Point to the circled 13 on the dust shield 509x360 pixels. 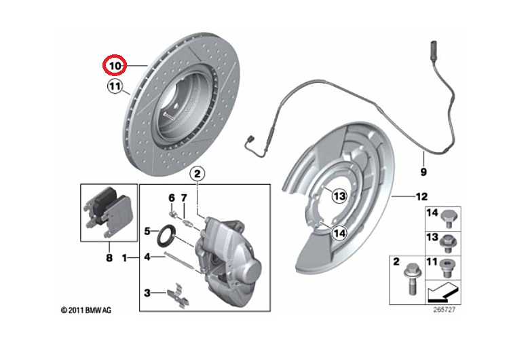tap(339, 196)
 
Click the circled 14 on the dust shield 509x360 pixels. tap(339, 233)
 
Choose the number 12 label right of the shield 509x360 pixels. tap(421, 196)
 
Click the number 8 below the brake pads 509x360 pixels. tap(108, 258)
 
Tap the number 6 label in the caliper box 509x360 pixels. tap(172, 198)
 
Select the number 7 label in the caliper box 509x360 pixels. tap(183, 198)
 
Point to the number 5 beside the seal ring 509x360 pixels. tap(147, 232)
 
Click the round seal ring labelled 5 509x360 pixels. tap(166, 238)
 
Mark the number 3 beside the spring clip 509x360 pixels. tap(147, 293)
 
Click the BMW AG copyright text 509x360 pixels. tap(86, 310)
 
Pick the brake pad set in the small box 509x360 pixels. tap(107, 210)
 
